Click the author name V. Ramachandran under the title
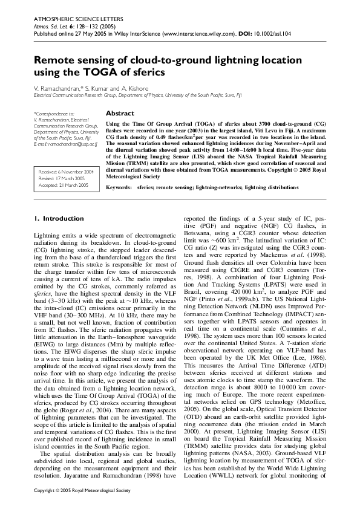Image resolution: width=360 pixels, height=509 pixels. (61, 88)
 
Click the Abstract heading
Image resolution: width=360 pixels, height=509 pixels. (120, 114)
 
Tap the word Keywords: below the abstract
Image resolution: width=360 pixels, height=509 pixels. (119, 189)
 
